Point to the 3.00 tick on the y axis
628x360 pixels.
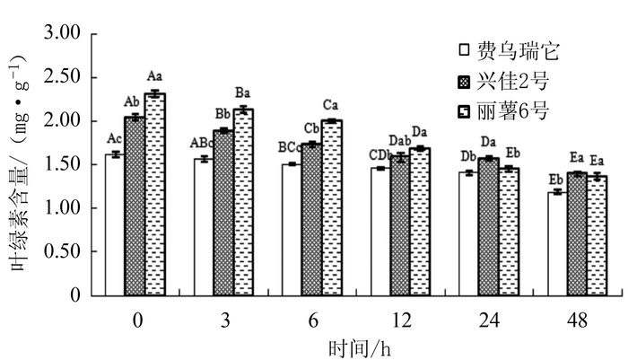click(x=63, y=34)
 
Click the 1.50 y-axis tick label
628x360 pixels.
click(x=63, y=165)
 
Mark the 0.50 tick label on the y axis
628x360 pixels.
click(x=63, y=252)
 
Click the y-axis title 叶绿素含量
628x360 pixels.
click(x=20, y=193)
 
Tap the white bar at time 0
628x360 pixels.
click(x=114, y=224)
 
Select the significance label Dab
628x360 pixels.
click(x=399, y=141)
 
